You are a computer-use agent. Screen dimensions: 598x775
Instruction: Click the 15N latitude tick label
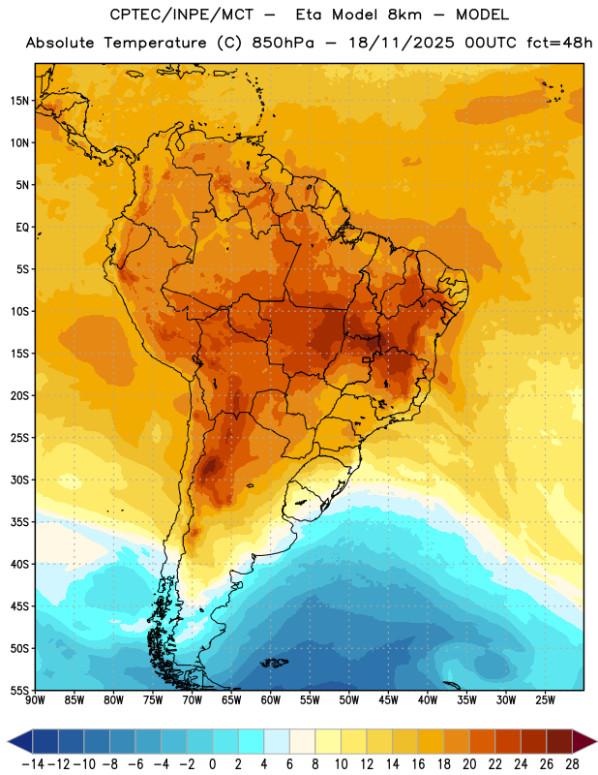[19, 101]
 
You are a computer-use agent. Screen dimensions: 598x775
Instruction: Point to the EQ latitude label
[22, 228]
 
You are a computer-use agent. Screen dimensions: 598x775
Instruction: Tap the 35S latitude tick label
[19, 522]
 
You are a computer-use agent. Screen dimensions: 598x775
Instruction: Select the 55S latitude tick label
[19, 690]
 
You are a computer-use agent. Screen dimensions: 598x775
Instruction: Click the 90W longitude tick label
[35, 700]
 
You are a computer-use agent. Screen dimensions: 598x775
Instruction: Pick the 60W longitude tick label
[271, 700]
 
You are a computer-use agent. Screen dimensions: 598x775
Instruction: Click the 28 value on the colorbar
[572, 764]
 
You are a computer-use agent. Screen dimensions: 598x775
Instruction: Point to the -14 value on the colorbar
[33, 764]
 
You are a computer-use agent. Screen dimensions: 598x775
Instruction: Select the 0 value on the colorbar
[212, 764]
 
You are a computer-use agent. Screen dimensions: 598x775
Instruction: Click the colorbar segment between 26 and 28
[559, 742]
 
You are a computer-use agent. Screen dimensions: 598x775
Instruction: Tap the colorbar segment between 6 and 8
[303, 742]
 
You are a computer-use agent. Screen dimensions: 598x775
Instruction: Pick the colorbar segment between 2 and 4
[252, 742]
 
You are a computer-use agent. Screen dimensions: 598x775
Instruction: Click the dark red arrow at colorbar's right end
[583, 742]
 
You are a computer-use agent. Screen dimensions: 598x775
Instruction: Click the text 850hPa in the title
[283, 43]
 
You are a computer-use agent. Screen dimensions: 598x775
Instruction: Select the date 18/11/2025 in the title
[402, 43]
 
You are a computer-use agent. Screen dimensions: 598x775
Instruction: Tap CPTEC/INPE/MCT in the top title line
[181, 15]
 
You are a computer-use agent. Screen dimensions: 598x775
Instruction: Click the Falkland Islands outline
[275, 663]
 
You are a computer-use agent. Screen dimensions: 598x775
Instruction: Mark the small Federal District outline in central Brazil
[366, 359]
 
